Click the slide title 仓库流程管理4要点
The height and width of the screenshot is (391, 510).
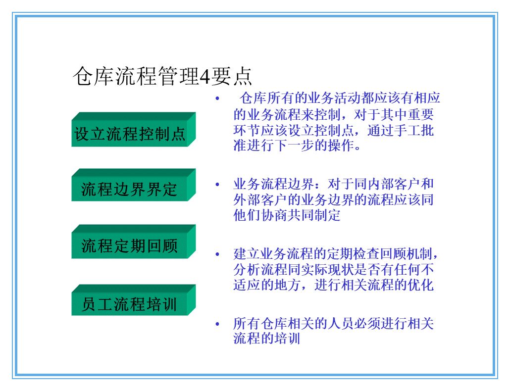pyautogui.click(x=162, y=76)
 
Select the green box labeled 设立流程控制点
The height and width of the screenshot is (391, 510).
pyautogui.click(x=130, y=134)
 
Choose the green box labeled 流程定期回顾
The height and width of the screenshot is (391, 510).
pyautogui.click(x=129, y=246)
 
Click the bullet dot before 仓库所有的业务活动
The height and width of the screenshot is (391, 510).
pyautogui.click(x=217, y=98)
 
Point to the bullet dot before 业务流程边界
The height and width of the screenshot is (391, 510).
pyautogui.click(x=217, y=185)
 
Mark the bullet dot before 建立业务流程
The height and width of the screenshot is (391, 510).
pyautogui.click(x=217, y=254)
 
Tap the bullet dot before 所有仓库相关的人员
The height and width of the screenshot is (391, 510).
pyautogui.click(x=217, y=324)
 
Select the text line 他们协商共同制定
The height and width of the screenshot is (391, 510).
pyautogui.click(x=287, y=216)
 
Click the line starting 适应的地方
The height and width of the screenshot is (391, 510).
pyautogui.click(x=333, y=286)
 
